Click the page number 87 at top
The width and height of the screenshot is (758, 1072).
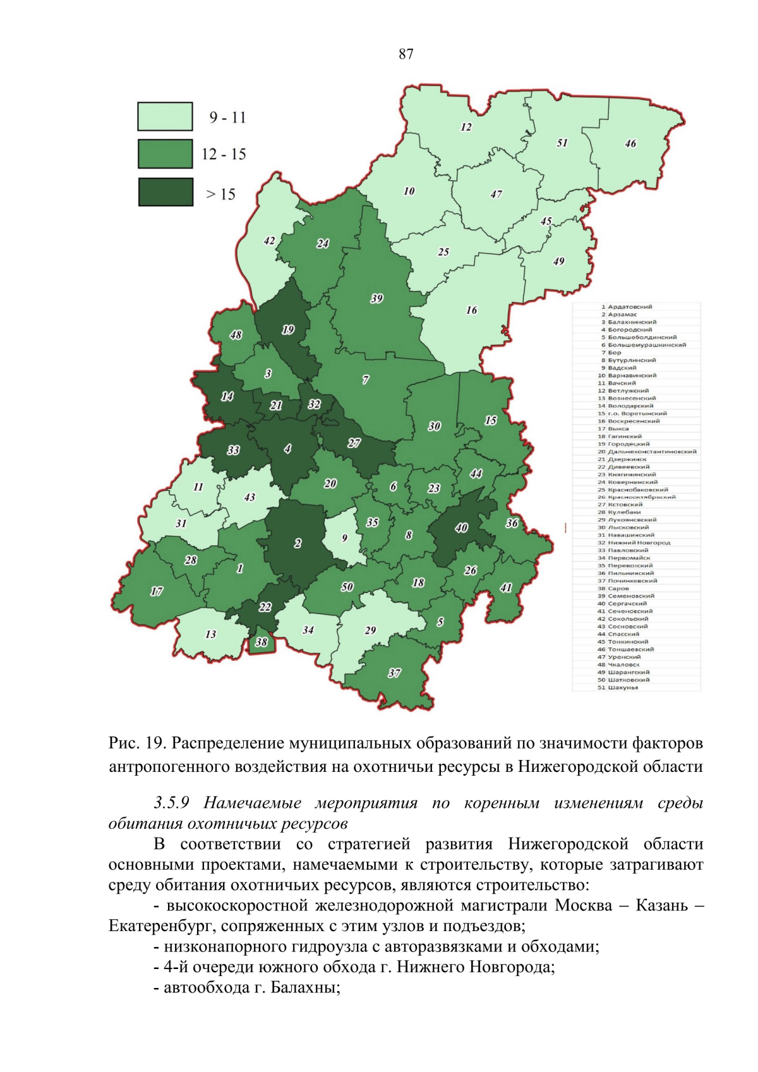click(406, 54)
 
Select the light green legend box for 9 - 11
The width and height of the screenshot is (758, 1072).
click(165, 117)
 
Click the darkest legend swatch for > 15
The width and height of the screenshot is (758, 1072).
click(165, 192)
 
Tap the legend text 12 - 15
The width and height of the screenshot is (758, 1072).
click(224, 154)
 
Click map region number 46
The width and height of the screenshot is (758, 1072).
click(630, 143)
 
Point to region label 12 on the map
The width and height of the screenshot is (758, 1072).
click(466, 127)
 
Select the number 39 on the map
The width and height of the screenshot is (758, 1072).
click(376, 299)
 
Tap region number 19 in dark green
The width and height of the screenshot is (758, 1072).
click(288, 330)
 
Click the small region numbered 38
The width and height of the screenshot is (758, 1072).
click(261, 642)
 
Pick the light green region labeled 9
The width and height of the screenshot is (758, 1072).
click(344, 538)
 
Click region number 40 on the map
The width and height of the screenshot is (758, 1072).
click(461, 527)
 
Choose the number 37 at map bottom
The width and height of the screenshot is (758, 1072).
click(394, 673)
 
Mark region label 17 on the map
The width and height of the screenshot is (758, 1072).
click(157, 591)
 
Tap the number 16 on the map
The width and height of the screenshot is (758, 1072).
click(471, 310)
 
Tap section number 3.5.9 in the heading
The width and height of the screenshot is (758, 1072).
click(172, 803)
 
